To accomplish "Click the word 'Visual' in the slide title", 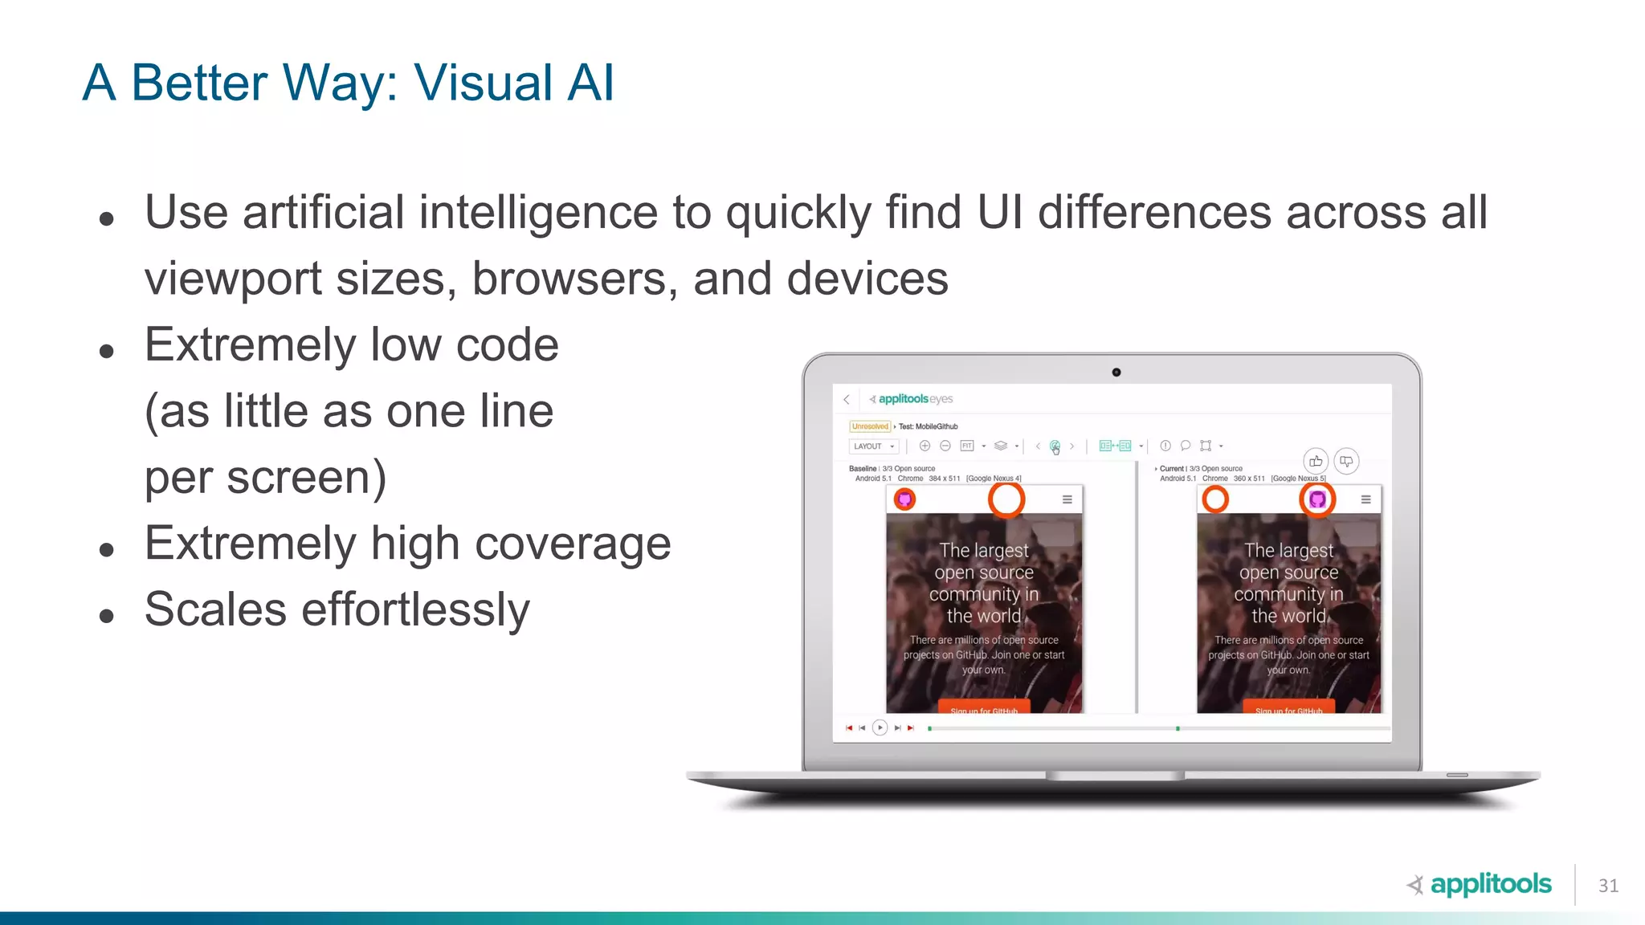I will [x=483, y=83].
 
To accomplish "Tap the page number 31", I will [x=1608, y=885].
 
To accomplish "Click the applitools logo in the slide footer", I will [x=1480, y=884].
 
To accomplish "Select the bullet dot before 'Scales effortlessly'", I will [x=107, y=616].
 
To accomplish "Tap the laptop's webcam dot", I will [x=1116, y=373].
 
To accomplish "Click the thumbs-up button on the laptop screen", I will [x=1315, y=461].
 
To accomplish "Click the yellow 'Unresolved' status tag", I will [x=870, y=426].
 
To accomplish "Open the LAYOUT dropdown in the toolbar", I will [x=873, y=446].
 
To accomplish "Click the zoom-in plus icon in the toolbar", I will [x=925, y=446].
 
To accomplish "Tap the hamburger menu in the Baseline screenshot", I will [x=1067, y=499].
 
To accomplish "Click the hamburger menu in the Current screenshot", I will [x=1365, y=499].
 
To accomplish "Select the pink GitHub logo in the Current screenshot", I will [x=1317, y=499].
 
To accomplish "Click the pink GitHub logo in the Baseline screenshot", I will [x=905, y=499].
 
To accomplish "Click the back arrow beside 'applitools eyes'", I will [x=847, y=399].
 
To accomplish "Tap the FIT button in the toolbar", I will [x=967, y=446].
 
